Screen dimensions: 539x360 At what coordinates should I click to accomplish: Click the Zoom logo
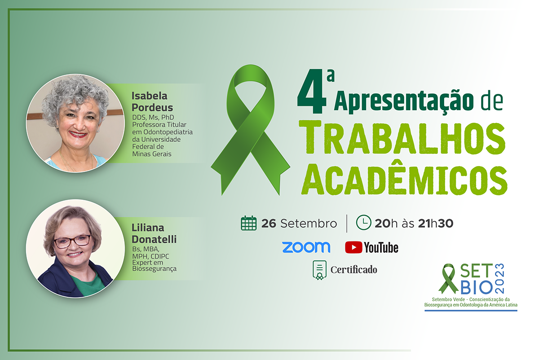tap(306, 247)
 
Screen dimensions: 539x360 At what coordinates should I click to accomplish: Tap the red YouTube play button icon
tap(353, 247)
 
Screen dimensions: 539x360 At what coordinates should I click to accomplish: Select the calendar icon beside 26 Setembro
tap(248, 224)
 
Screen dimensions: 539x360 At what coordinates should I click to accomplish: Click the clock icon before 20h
tap(363, 223)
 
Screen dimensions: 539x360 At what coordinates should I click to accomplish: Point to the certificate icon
tap(319, 270)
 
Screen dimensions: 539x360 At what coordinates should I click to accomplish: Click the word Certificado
tap(354, 270)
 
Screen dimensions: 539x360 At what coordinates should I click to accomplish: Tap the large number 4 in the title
tap(312, 92)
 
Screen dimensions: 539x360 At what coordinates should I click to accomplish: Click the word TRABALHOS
tap(402, 139)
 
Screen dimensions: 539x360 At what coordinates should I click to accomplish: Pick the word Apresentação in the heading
tap(404, 101)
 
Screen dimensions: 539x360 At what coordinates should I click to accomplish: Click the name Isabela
tap(150, 96)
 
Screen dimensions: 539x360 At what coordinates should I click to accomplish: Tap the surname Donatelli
tap(154, 239)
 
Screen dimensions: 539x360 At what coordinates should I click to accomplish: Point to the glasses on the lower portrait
tap(72, 241)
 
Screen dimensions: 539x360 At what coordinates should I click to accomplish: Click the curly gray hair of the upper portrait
tap(75, 97)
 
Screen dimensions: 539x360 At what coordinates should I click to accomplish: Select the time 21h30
tap(436, 224)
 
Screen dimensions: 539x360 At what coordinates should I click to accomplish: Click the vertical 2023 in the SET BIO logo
tap(499, 278)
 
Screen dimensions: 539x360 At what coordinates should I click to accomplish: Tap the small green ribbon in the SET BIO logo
tap(448, 279)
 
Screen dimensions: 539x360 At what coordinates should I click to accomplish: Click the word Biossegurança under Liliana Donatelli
tap(154, 268)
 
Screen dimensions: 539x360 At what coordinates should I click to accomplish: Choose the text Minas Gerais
tap(152, 154)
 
